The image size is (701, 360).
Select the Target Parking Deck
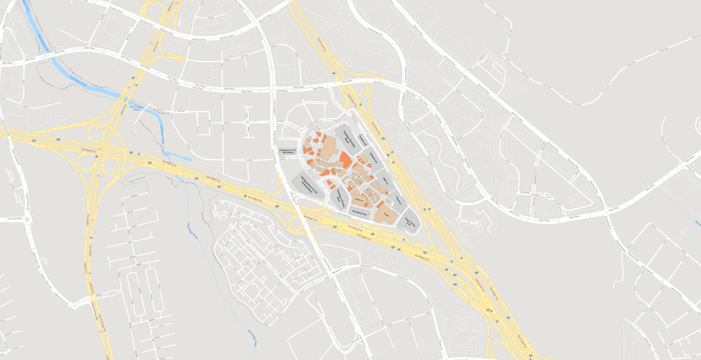pos(410,222)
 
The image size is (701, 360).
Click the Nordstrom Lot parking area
pos(360,212)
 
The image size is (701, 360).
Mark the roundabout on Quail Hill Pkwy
pos(28,219)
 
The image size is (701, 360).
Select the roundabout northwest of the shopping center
pos(247,121)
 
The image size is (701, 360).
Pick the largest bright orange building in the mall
pos(345,160)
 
